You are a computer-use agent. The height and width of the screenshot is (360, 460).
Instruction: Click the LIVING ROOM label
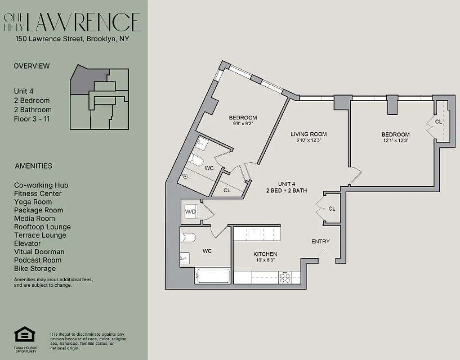click(x=308, y=134)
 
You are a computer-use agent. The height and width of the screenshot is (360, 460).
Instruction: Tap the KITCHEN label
click(x=265, y=254)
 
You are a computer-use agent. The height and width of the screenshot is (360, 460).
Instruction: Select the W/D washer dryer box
click(x=190, y=211)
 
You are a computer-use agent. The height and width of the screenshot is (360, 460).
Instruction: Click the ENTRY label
click(x=320, y=242)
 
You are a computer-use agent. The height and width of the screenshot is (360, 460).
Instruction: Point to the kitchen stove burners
click(x=285, y=278)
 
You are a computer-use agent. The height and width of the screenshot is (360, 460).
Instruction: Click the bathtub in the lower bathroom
click(x=212, y=276)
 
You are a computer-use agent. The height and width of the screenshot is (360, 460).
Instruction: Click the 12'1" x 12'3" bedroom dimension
click(x=395, y=140)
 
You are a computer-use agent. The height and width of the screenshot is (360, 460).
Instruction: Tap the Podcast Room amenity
click(x=38, y=260)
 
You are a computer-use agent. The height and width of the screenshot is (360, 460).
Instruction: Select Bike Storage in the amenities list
click(x=35, y=269)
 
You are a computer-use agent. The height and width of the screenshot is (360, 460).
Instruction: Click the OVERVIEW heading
click(x=31, y=66)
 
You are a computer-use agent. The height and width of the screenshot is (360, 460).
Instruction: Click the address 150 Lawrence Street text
click(x=72, y=39)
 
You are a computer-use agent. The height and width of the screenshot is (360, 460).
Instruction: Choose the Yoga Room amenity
click(x=33, y=202)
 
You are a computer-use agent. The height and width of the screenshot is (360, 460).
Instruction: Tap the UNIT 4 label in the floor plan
click(x=286, y=184)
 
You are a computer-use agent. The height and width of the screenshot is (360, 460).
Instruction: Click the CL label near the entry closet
click(x=332, y=209)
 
